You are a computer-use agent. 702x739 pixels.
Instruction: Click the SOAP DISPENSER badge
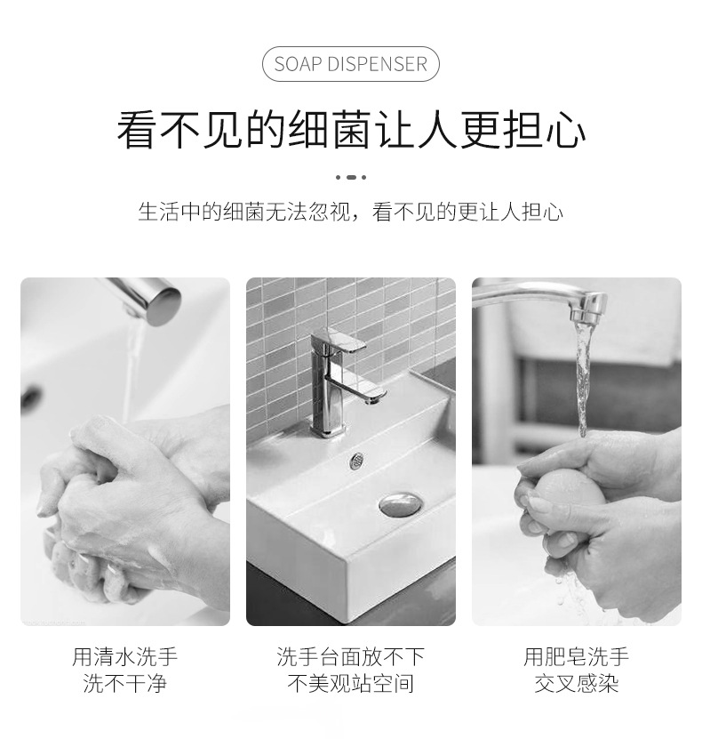tap(350, 64)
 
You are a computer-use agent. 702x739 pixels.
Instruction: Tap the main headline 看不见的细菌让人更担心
tap(350, 130)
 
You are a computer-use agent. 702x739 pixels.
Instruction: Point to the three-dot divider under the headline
tap(350, 177)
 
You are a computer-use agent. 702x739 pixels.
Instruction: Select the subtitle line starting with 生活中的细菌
tap(350, 212)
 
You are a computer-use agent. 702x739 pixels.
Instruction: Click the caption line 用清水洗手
tap(124, 657)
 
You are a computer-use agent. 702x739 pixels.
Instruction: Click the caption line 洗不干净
tap(124, 684)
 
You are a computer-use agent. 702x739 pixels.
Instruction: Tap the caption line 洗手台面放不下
tap(350, 657)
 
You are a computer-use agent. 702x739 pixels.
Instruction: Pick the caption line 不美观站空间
tap(350, 684)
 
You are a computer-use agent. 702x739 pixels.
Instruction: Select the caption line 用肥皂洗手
tap(576, 657)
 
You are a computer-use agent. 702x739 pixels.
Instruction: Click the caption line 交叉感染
tap(576, 684)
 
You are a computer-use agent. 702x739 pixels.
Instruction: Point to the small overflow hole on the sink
tap(357, 461)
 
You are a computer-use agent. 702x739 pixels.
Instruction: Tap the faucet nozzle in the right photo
tap(586, 309)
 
